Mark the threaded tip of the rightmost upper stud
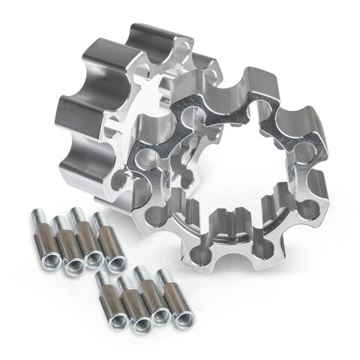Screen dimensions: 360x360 coord(100,218)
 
